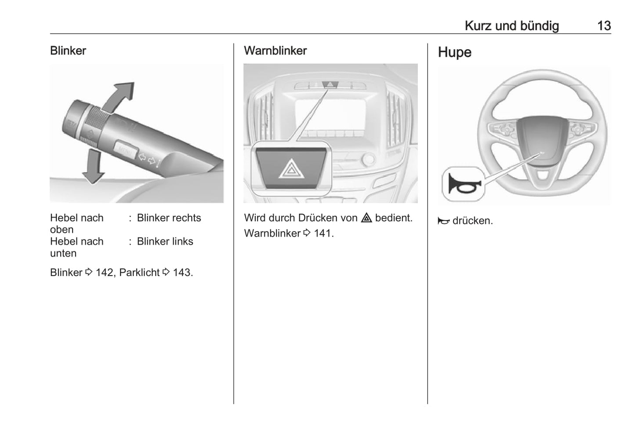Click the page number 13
(604, 25)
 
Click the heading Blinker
(68, 51)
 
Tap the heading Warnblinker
(275, 51)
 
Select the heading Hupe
(454, 52)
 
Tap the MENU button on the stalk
(125, 151)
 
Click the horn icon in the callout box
(461, 184)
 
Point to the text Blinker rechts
(169, 218)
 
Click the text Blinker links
(165, 242)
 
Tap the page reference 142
(105, 273)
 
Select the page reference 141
(323, 233)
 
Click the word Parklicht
(139, 273)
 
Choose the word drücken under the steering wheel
(472, 221)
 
